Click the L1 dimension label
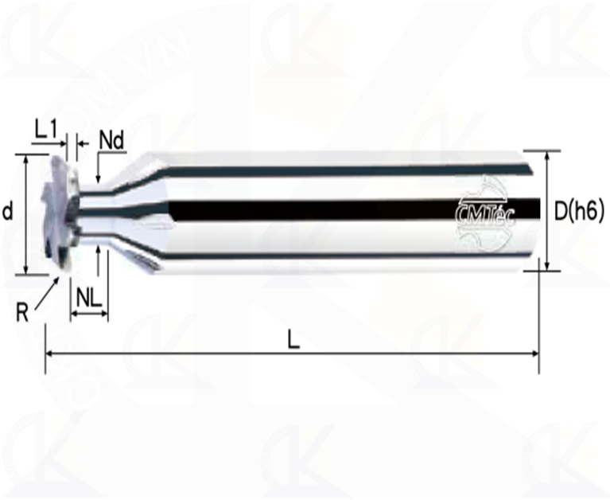tap(49, 127)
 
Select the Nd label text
tap(111, 140)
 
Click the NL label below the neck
tap(88, 298)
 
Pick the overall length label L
tap(293, 340)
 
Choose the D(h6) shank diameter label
tap(579, 211)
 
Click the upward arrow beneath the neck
tap(97, 253)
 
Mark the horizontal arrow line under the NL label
tap(88, 315)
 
